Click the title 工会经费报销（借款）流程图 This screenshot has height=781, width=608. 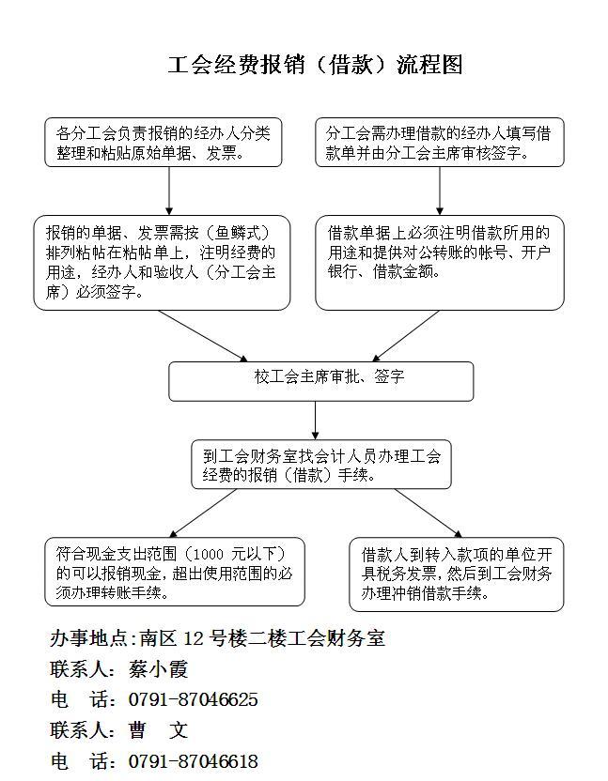click(x=315, y=65)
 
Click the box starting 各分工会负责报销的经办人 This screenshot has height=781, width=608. click(x=164, y=143)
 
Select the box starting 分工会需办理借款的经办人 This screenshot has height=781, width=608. click(x=440, y=143)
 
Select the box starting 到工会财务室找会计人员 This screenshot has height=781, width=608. click(x=320, y=465)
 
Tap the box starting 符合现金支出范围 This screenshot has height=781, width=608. click(x=175, y=572)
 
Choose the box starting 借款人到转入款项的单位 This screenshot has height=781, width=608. click(x=457, y=574)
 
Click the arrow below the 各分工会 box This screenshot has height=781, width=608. click(x=169, y=191)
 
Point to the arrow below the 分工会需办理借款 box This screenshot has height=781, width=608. click(x=440, y=191)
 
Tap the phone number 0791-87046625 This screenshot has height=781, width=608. click(x=193, y=699)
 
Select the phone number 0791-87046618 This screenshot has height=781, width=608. click(x=193, y=760)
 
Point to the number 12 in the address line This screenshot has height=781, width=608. click(x=194, y=639)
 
